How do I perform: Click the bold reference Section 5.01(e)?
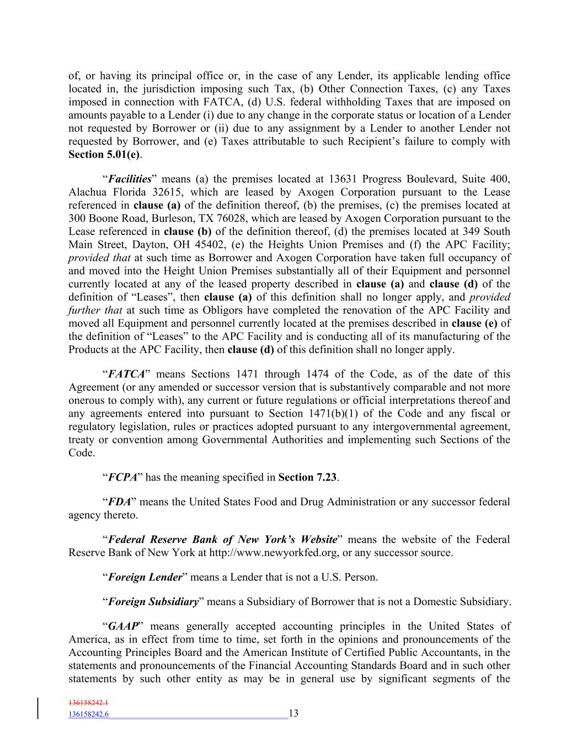(103, 155)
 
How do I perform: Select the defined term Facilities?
(129, 179)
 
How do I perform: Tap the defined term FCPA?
(122, 477)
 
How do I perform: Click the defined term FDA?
(119, 502)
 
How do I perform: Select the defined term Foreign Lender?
(145, 578)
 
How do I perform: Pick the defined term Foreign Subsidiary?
(153, 602)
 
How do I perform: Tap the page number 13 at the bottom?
(293, 714)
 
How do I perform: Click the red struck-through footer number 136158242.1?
(88, 703)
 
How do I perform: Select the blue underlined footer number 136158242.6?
(88, 714)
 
